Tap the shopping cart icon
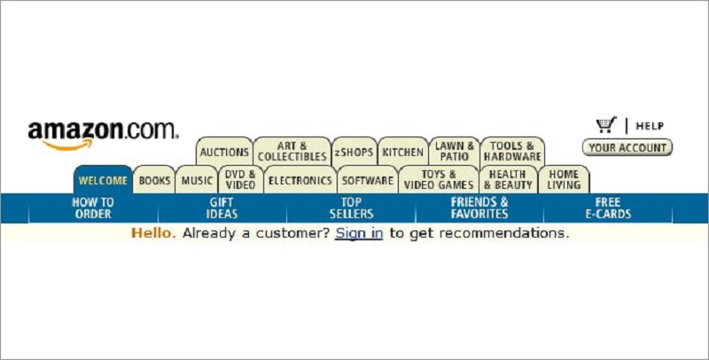[x=606, y=125]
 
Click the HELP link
[x=650, y=126]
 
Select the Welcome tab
[x=103, y=180]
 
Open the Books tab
[x=154, y=180]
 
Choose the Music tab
[x=197, y=180]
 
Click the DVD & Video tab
[x=240, y=179]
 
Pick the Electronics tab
[x=300, y=180]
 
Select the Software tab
[x=368, y=180]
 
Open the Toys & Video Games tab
[x=439, y=179]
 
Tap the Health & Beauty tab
[x=508, y=179]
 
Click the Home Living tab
[x=564, y=179]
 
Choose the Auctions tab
[x=224, y=152]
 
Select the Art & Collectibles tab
[x=292, y=152]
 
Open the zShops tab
[x=354, y=152]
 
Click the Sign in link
[x=359, y=233]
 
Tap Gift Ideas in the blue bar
[x=222, y=208]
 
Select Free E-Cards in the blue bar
[x=608, y=208]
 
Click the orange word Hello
[x=153, y=233]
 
